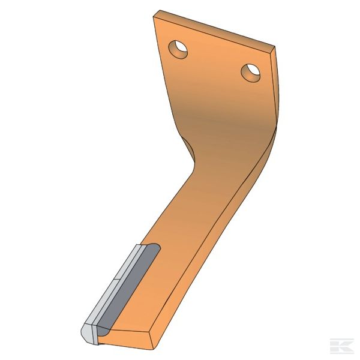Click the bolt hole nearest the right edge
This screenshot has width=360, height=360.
tap(251, 73)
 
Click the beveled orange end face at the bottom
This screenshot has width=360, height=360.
tap(129, 339)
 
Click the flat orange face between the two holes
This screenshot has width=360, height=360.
tap(213, 66)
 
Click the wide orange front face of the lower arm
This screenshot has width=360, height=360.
tap(174, 258)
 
